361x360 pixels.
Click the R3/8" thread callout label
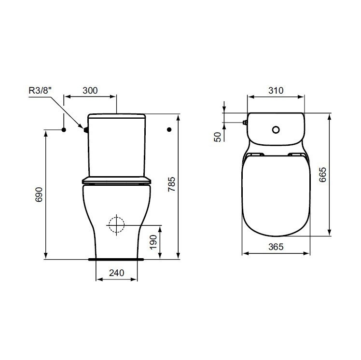click(42, 90)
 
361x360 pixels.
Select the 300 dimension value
click(90, 90)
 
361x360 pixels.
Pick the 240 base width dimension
click(116, 273)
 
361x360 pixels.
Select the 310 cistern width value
click(275, 90)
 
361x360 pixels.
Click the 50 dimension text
click(218, 137)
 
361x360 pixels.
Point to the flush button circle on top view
click(276, 129)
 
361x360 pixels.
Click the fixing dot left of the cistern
click(64, 129)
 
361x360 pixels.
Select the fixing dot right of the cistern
click(169, 129)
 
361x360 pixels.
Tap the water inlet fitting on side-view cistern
click(86, 129)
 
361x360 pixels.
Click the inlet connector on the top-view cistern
click(245, 123)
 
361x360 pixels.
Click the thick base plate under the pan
click(116, 259)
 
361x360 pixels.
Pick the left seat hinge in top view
click(256, 155)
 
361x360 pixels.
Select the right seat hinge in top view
click(295, 155)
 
